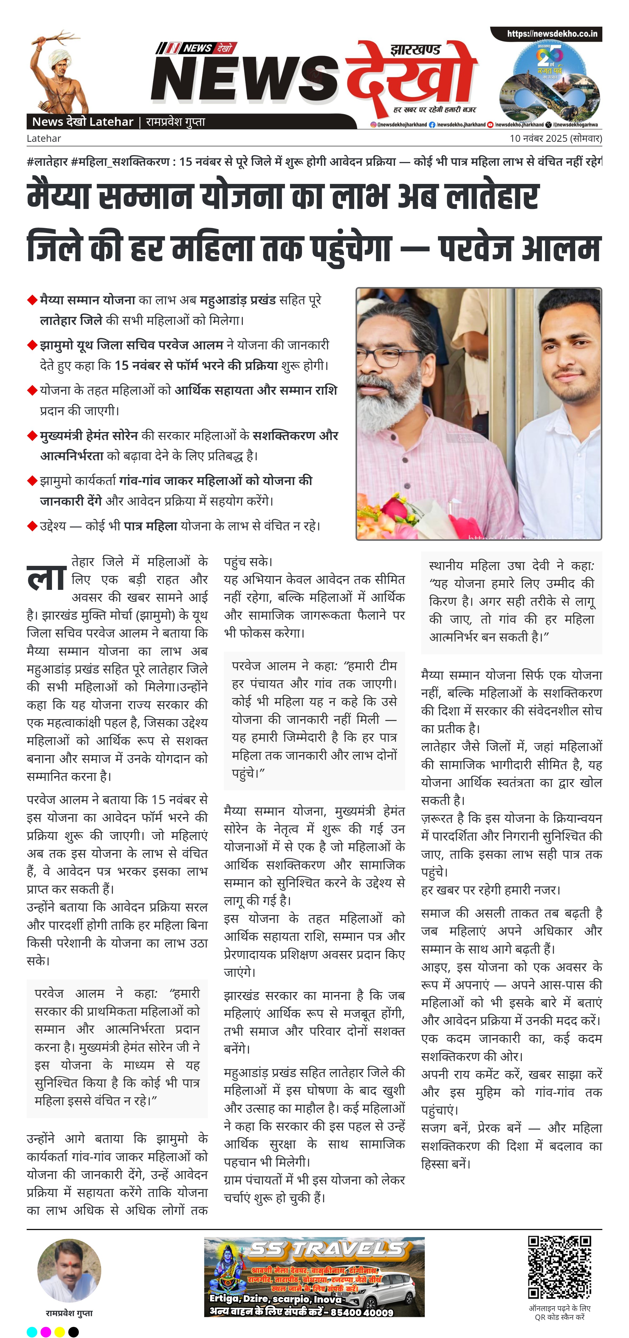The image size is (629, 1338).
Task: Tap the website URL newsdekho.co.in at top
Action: coord(552,34)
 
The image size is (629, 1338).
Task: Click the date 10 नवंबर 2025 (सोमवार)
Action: coord(555,138)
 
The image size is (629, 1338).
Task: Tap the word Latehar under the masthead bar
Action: coord(44,138)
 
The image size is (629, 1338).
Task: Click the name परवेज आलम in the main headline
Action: coord(519,248)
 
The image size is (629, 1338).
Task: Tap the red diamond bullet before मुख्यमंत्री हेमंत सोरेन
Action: coord(32,435)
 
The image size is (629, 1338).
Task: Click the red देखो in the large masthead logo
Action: coord(410,75)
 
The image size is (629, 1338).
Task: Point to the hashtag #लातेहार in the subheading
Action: coord(47,162)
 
